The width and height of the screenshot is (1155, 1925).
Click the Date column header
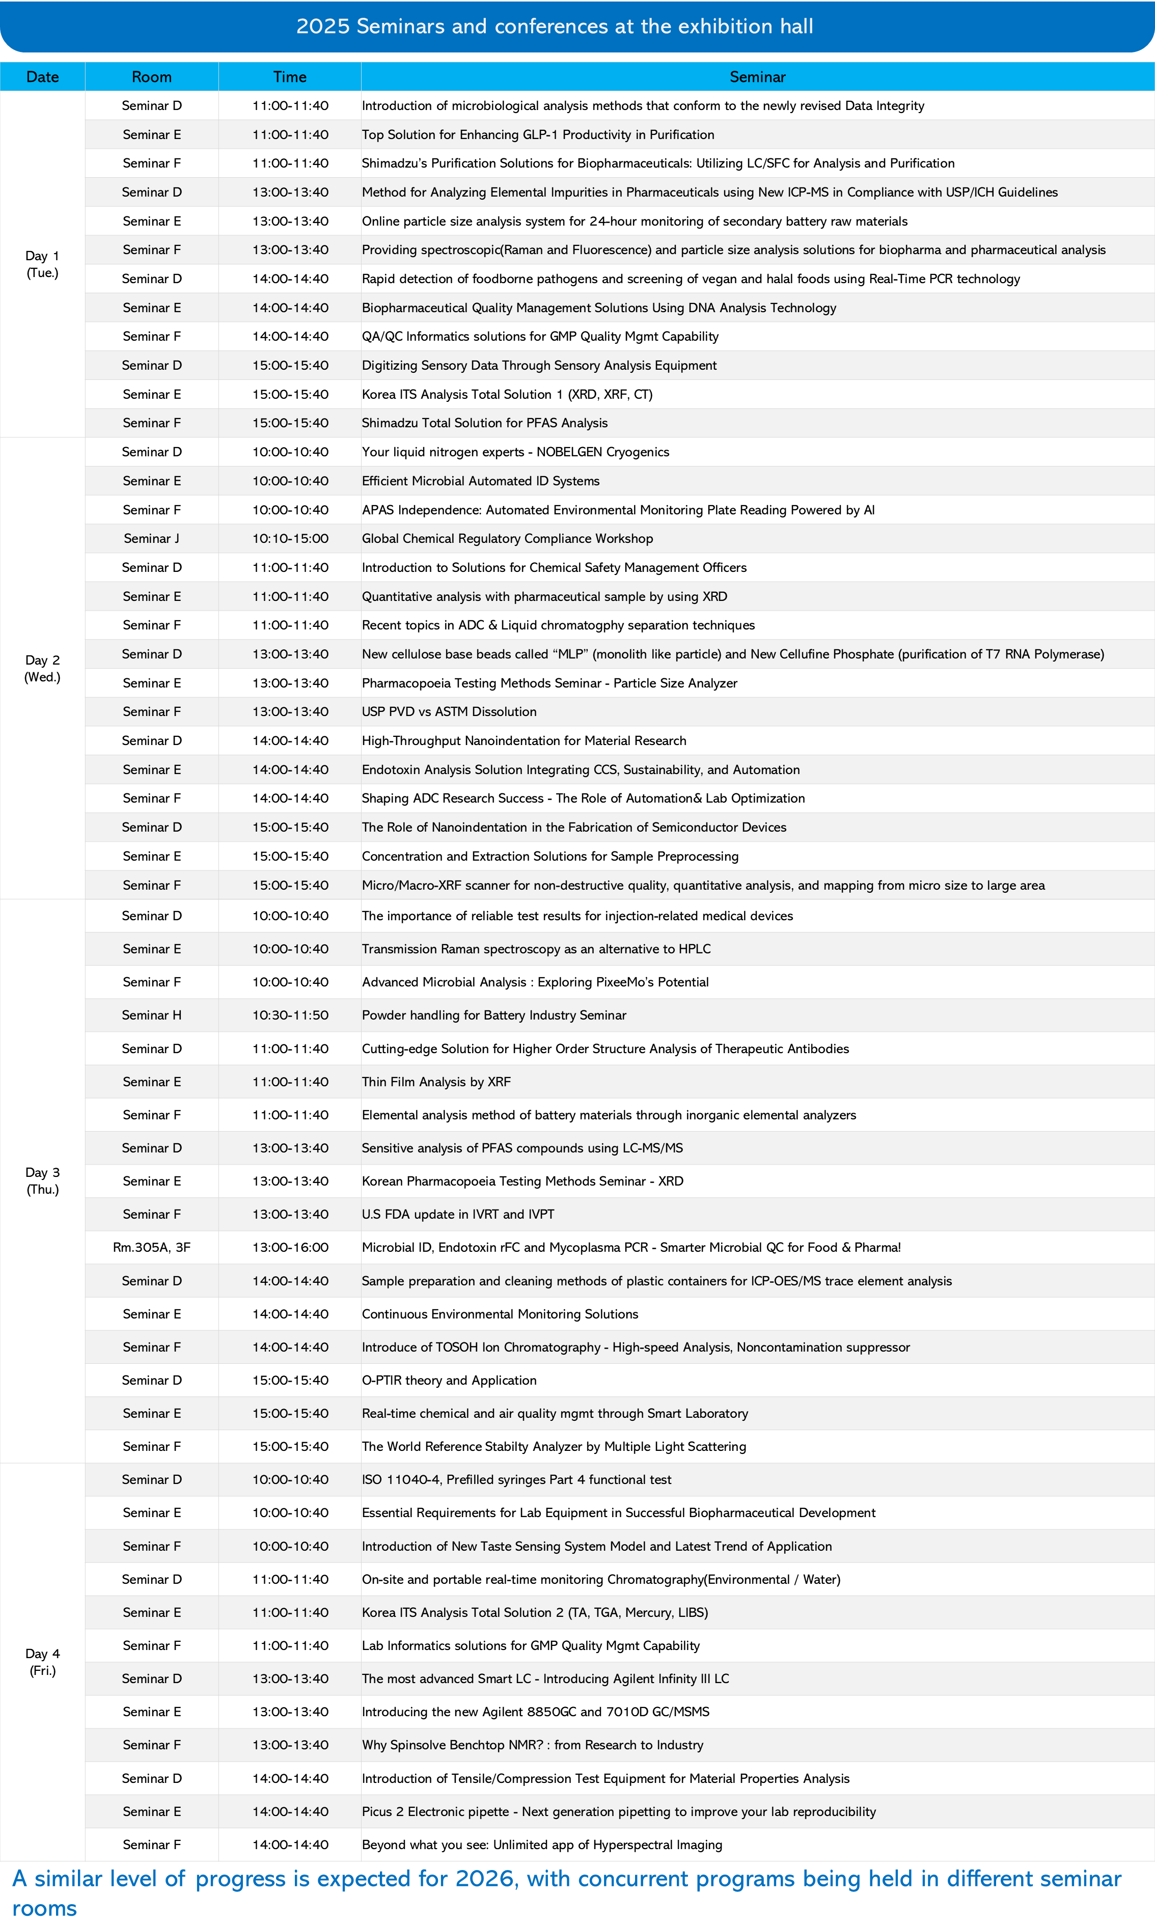point(42,77)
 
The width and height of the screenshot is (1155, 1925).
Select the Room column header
point(151,77)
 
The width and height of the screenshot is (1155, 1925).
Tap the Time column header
point(290,77)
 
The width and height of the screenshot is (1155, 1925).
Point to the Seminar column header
point(757,77)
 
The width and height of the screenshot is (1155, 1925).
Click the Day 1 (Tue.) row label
point(42,264)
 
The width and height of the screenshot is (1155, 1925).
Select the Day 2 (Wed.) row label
point(42,668)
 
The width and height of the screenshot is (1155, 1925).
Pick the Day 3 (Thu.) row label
point(42,1180)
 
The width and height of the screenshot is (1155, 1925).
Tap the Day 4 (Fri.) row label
point(42,1662)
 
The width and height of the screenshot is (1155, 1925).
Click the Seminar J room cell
point(151,538)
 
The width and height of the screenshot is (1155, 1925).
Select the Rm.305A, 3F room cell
point(151,1247)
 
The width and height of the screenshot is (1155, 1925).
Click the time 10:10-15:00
point(290,538)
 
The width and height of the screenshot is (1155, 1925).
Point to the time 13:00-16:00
point(290,1247)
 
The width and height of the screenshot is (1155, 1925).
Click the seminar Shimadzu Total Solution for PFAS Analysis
point(484,423)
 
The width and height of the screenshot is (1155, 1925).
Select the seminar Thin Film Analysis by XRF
point(436,1082)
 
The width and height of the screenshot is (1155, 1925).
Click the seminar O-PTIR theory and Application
point(449,1380)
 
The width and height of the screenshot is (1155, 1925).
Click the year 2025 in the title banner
point(322,26)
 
